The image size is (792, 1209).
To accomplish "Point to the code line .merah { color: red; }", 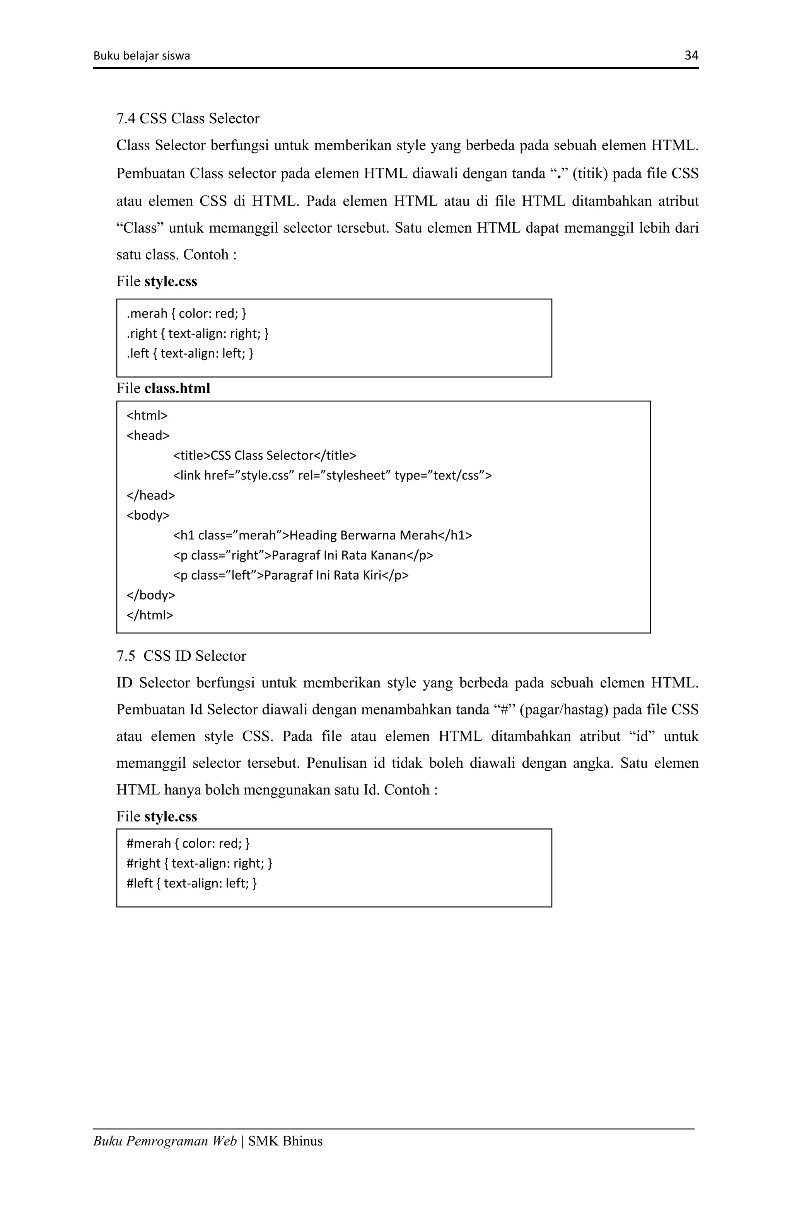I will click(186, 313).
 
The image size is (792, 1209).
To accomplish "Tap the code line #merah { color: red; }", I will click(188, 843).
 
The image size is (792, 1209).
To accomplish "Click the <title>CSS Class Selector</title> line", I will click(265, 455).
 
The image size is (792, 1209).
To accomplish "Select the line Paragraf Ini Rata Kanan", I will click(303, 555).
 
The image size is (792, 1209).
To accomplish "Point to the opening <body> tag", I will click(148, 515).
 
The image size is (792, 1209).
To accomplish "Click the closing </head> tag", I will click(150, 495).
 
